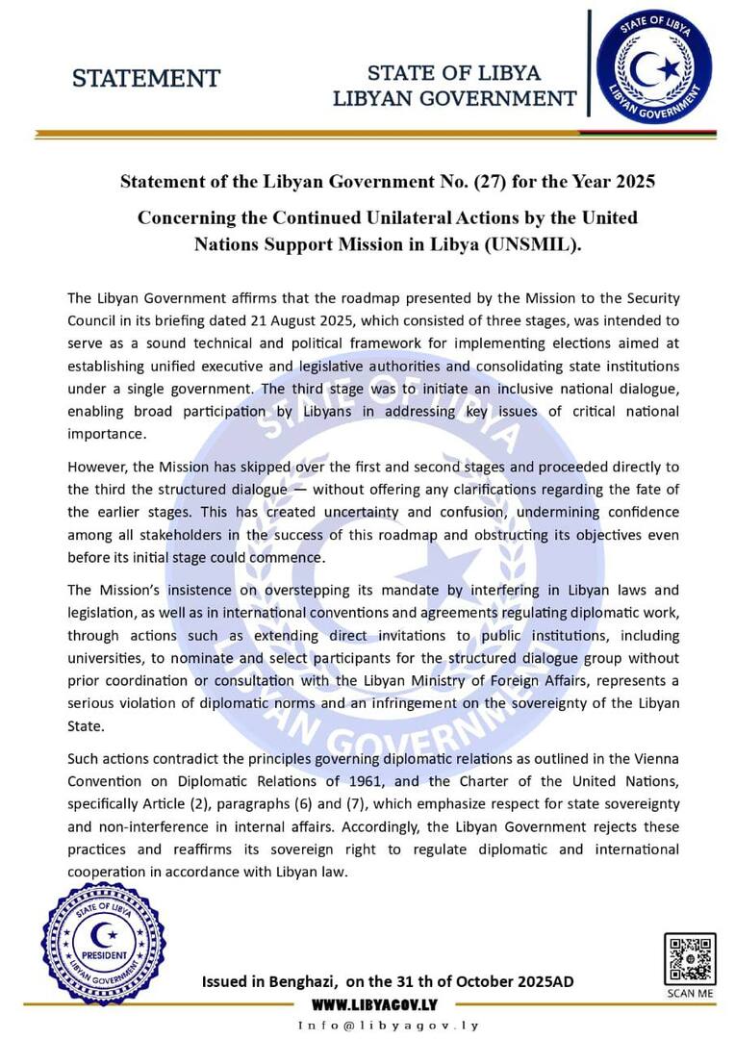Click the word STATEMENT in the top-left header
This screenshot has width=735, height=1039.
(146, 78)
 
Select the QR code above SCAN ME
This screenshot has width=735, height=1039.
(689, 958)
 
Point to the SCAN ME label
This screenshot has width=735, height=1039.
(690, 993)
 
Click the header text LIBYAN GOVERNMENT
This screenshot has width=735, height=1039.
(454, 98)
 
